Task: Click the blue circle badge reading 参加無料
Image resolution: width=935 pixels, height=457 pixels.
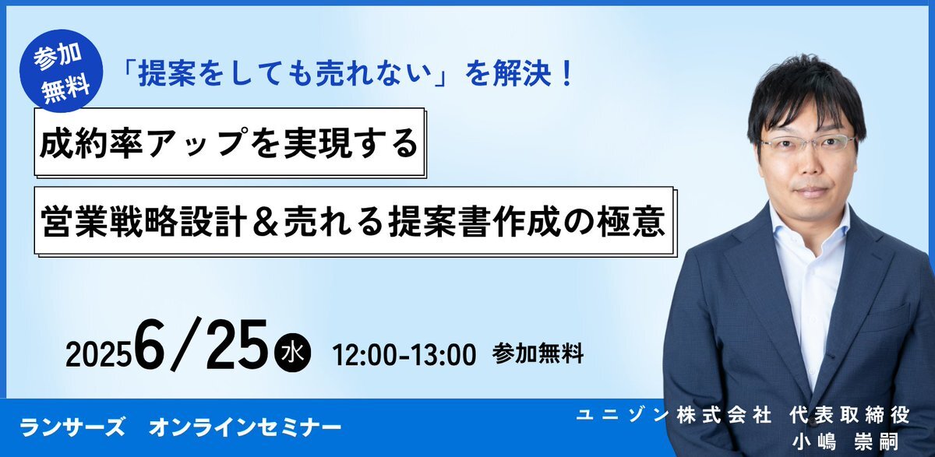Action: pyautogui.click(x=62, y=71)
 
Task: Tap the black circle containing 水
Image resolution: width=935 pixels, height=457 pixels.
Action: pyautogui.click(x=292, y=354)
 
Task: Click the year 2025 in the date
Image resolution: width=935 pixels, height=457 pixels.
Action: pyautogui.click(x=97, y=356)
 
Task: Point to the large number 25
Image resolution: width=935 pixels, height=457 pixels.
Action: pyautogui.click(x=236, y=345)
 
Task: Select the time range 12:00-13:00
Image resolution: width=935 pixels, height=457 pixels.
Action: pyautogui.click(x=404, y=355)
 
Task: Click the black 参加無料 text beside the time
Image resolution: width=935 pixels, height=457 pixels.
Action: pyautogui.click(x=538, y=354)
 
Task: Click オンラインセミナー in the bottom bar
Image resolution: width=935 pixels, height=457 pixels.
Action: pyautogui.click(x=245, y=428)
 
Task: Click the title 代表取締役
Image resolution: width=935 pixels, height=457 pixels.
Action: pyautogui.click(x=849, y=415)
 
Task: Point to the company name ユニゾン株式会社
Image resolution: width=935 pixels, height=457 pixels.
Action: pyautogui.click(x=673, y=415)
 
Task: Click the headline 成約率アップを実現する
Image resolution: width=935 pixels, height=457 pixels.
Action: pyautogui.click(x=229, y=143)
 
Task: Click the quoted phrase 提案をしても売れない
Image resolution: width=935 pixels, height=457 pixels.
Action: pyautogui.click(x=284, y=74)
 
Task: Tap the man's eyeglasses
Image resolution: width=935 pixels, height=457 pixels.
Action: pyautogui.click(x=808, y=144)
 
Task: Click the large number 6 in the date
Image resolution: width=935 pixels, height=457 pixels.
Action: pyautogui.click(x=149, y=345)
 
